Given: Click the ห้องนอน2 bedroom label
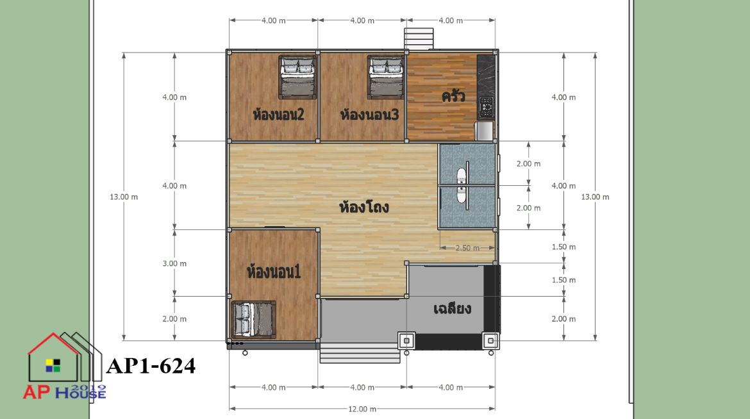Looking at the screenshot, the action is (x=278, y=115).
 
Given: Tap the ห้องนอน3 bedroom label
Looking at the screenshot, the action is (x=369, y=115).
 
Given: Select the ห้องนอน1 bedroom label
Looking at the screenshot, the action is (x=274, y=272).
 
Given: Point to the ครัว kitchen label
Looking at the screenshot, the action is (x=453, y=95).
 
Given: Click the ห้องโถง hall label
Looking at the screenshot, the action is (x=364, y=207).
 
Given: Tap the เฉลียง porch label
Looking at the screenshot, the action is (x=452, y=309).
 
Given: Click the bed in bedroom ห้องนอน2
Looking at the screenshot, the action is (x=297, y=77).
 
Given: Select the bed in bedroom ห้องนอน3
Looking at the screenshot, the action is (x=386, y=77).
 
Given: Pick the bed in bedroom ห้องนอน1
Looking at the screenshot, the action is (x=254, y=320).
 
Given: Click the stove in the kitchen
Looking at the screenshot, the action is (x=487, y=108).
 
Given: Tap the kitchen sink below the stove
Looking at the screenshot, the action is (x=484, y=131).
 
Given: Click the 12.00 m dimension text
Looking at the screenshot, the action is (x=362, y=409).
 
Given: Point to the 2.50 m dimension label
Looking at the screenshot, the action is (x=467, y=248).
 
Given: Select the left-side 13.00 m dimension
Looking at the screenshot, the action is (x=124, y=197).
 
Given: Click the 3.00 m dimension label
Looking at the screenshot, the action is (x=174, y=263).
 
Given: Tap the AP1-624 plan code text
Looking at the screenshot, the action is (x=151, y=366).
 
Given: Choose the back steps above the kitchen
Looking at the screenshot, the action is (x=419, y=38).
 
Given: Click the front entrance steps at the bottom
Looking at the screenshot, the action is (x=360, y=354).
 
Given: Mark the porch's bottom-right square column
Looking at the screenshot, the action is (x=490, y=341).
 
